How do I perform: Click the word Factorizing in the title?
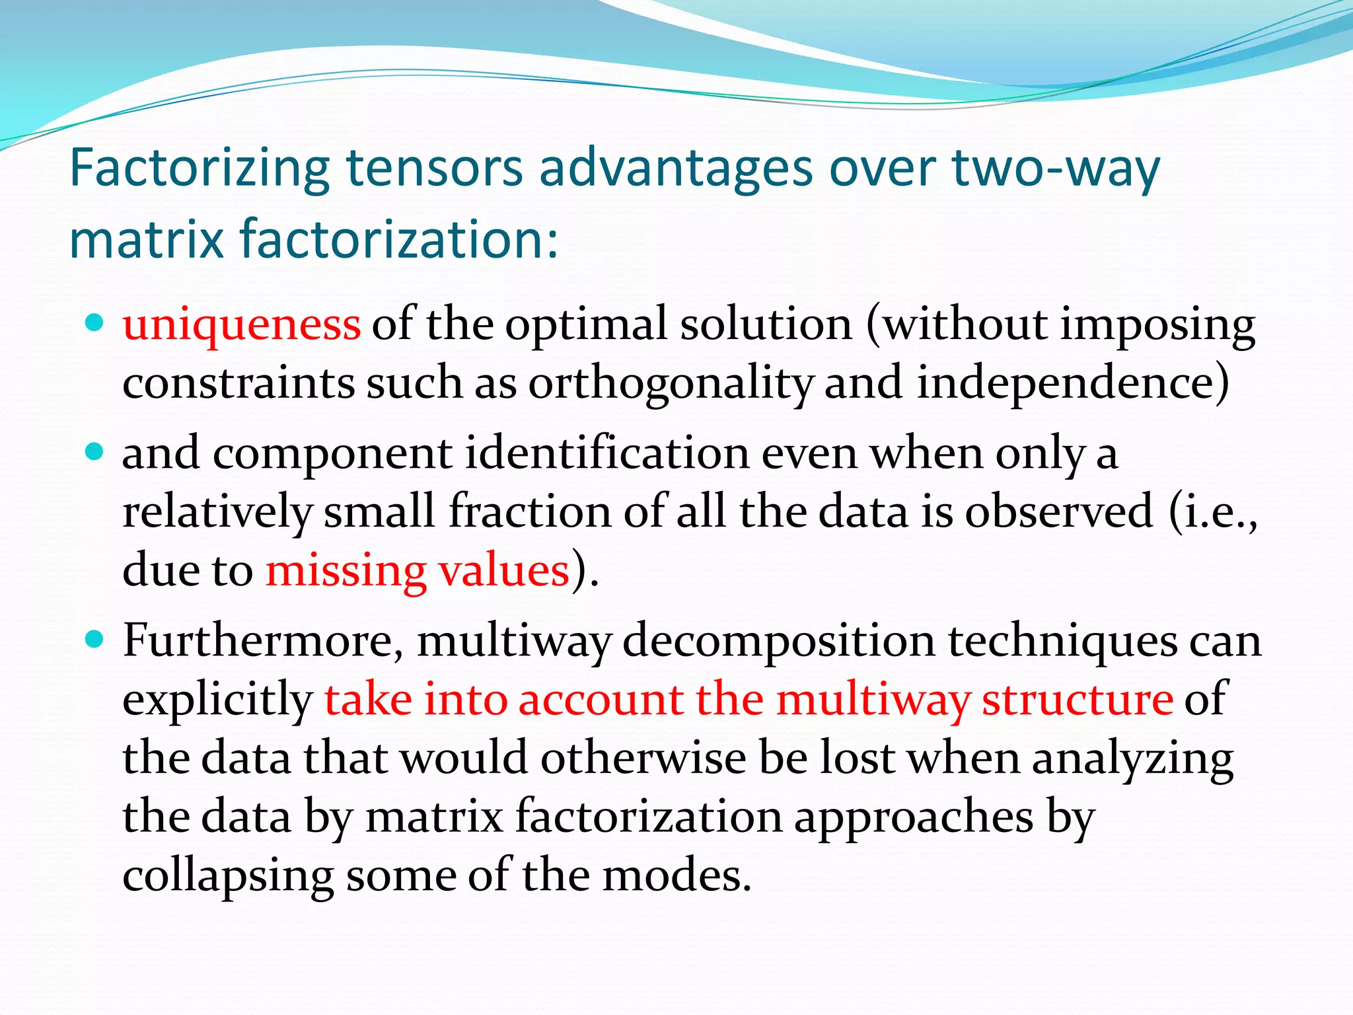pyautogui.click(x=199, y=169)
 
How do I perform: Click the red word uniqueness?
pyautogui.click(x=242, y=325)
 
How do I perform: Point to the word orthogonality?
pyautogui.click(x=671, y=384)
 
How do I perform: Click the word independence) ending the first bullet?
pyautogui.click(x=1073, y=384)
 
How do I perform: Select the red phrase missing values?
pyautogui.click(x=418, y=571)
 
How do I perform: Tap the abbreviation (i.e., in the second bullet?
pyautogui.click(x=1213, y=513)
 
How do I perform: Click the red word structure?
pyautogui.click(x=1077, y=699)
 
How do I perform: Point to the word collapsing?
pyautogui.click(x=228, y=876)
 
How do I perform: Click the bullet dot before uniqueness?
pyautogui.click(x=95, y=323)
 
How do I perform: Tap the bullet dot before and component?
pyautogui.click(x=95, y=452)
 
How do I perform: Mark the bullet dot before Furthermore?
pyautogui.click(x=95, y=639)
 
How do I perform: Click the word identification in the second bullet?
pyautogui.click(x=607, y=455)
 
